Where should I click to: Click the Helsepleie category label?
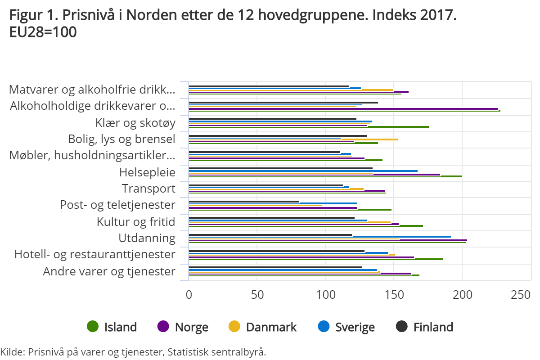pos(147,172)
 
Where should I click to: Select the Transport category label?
pos(148,189)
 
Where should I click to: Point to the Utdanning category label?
pos(147,238)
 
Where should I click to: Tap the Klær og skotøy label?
pos(135,123)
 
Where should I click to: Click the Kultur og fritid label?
pos(136,222)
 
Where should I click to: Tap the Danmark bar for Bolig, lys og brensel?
pos(369,139)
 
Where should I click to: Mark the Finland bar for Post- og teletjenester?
pos(243,202)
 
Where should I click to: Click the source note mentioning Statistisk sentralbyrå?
pos(133,352)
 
